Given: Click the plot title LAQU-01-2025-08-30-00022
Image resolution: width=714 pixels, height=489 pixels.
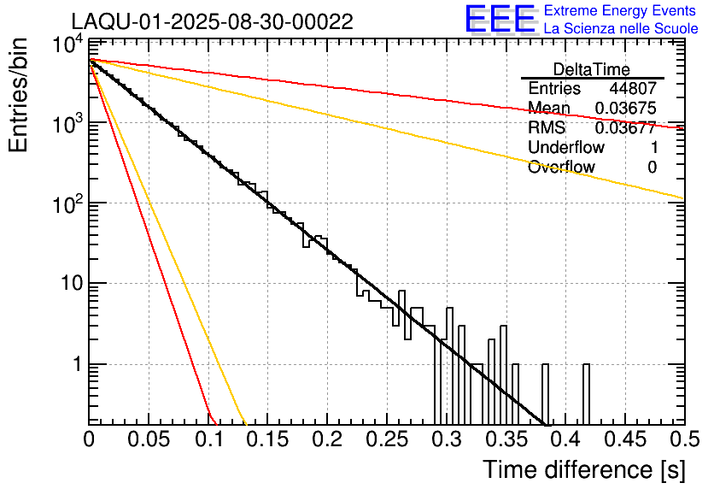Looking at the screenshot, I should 212,21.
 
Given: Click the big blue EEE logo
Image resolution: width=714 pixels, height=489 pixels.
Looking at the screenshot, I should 500,20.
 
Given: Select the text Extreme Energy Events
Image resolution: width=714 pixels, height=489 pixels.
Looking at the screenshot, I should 621,11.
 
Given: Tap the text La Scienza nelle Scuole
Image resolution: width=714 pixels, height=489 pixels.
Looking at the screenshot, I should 621,28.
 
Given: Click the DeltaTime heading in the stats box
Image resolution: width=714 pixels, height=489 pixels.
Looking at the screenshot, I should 592,69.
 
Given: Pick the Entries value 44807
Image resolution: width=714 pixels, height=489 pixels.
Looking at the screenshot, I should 633,89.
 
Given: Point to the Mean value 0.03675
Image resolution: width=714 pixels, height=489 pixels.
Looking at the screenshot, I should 625,109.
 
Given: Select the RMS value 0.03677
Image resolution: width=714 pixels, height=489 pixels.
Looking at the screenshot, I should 625,128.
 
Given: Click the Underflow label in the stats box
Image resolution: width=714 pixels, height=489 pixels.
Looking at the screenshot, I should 566,148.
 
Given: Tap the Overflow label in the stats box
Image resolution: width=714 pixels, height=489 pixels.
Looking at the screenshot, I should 561,168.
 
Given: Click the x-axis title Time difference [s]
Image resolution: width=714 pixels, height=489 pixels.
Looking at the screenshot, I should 583,469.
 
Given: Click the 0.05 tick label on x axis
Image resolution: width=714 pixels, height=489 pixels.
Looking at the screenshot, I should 149,439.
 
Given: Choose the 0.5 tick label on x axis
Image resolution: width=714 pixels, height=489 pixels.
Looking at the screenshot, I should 683,439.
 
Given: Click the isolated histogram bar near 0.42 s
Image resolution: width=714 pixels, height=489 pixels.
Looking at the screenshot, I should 587,393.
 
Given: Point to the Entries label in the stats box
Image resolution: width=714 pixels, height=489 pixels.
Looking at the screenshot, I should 554,89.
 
